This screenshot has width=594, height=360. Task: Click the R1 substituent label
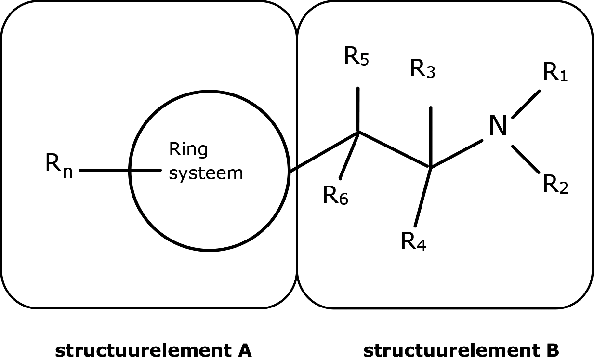[555, 73]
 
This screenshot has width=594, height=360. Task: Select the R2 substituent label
[555, 184]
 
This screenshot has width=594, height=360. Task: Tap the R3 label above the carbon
[423, 69]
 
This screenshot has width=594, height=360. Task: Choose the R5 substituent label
[356, 57]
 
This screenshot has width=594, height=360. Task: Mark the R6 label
[335, 196]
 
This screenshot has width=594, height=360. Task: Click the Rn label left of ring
[59, 165]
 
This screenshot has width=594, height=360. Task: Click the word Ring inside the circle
[188, 150]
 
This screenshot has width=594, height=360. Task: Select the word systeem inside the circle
[206, 173]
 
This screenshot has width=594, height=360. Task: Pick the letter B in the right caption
[552, 350]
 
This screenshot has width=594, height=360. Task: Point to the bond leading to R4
[423, 197]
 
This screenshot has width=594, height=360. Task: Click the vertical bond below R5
[357, 109]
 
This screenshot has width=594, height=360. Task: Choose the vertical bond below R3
[431, 137]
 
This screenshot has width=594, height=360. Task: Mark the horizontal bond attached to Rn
[120, 170]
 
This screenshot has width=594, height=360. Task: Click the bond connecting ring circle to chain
[323, 151]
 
